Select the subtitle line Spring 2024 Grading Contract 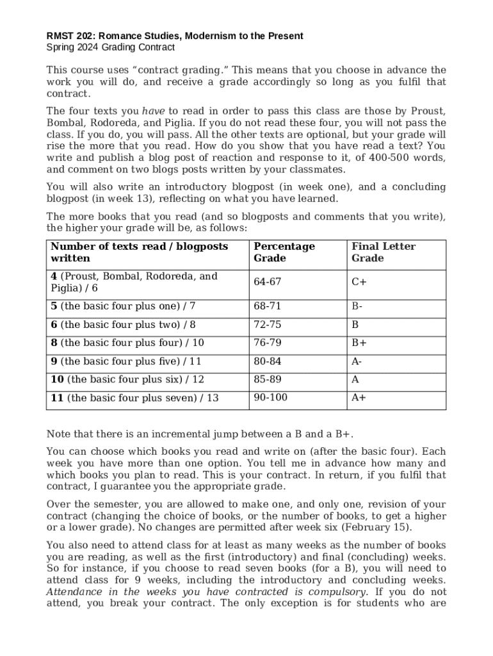click(110, 47)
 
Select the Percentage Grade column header click(284, 252)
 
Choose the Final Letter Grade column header click(383, 252)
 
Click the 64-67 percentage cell click(268, 282)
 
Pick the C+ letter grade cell click(359, 282)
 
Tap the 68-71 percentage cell click(268, 306)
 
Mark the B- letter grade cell click(357, 306)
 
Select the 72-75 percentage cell click(268, 325)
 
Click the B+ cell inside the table click(359, 343)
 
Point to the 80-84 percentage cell click(268, 361)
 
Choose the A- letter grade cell click(357, 361)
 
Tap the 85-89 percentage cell click(268, 379)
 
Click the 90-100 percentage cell click(270, 397)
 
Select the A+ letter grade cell click(359, 397)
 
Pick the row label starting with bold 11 click(134, 398)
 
